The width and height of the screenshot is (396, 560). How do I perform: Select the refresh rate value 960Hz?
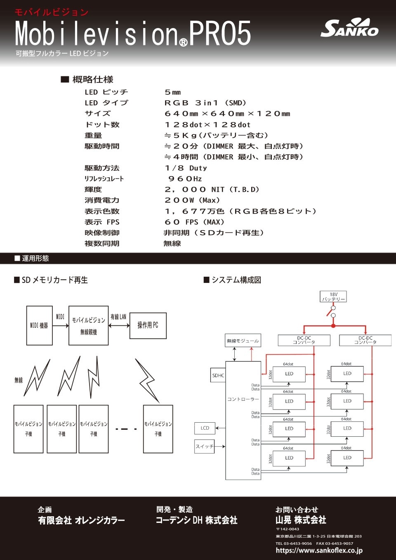pos(185,179)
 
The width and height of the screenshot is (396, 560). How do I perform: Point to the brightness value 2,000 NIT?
pos(212,190)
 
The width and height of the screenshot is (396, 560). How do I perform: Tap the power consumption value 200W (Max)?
pos(192,200)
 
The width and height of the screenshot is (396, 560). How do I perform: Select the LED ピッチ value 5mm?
pos(173,92)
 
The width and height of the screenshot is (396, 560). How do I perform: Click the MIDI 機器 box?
pos(39,325)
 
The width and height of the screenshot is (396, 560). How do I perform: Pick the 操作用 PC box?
pos(148,325)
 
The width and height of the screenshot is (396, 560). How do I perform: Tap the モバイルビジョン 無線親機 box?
pos(88,325)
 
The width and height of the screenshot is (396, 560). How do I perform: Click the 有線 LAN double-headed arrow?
pos(119,325)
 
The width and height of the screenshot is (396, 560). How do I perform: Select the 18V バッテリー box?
pos(333,296)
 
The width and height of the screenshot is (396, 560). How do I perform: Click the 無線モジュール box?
pos(243,341)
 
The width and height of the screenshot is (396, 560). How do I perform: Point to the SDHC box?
pos(218,375)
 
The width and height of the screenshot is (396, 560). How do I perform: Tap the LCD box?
pos(205,428)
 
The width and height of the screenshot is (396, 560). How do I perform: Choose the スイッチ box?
pos(205,446)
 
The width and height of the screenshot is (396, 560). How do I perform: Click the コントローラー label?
pos(243,399)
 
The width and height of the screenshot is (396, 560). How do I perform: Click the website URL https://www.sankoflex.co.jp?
pos(319,551)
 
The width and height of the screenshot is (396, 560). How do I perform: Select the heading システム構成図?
pos(236,280)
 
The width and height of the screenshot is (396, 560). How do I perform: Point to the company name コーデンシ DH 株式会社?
pos(196,520)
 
